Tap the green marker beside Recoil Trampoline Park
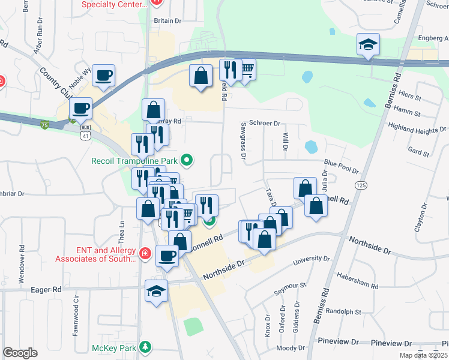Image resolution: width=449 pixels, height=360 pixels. (x=187, y=160)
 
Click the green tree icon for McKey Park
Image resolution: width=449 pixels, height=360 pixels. (x=145, y=347)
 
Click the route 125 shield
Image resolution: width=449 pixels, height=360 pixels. (x=360, y=185)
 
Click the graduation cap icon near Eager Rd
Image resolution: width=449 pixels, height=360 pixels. (x=157, y=292)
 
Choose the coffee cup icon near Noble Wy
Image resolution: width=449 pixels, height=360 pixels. (x=104, y=75)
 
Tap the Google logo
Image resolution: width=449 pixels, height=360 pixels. (x=20, y=353)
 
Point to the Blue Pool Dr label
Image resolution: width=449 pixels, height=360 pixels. (x=341, y=162)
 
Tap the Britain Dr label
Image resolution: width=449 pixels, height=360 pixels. (x=167, y=20)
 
